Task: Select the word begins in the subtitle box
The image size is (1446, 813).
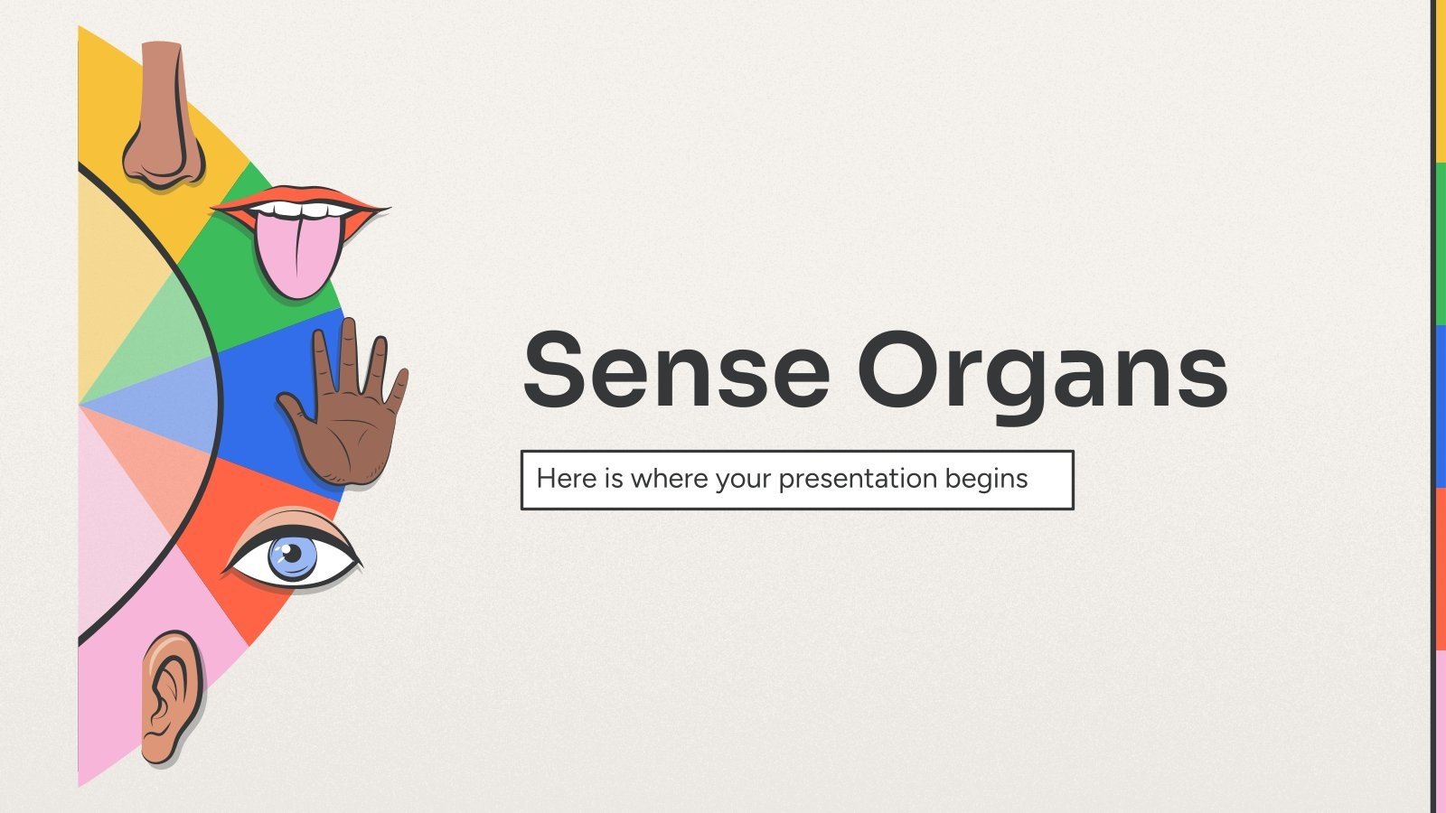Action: click(986, 479)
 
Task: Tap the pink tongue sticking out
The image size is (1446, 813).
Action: click(297, 257)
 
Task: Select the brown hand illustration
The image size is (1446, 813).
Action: click(348, 416)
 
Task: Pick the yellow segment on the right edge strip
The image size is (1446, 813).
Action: click(1441, 81)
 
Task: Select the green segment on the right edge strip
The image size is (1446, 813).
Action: click(1441, 244)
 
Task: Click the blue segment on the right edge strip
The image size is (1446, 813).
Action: click(1441, 406)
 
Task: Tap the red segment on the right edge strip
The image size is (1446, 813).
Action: click(1441, 569)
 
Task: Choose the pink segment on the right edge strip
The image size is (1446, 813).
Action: click(1441, 732)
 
